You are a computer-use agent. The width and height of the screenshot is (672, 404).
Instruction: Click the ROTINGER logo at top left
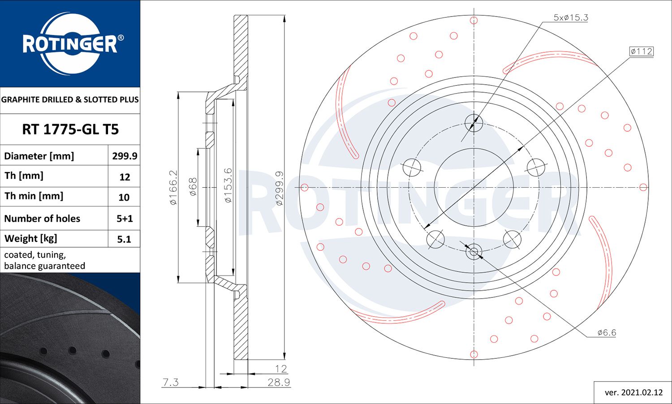point(70,43)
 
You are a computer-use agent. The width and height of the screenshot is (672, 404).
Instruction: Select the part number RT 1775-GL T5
point(70,129)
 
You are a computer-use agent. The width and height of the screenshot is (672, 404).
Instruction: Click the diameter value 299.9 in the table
point(125,156)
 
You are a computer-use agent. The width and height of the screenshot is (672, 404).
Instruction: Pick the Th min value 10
point(124,197)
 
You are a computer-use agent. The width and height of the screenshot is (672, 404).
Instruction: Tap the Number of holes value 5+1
point(125,219)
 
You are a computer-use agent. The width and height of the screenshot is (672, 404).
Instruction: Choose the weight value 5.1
point(124,239)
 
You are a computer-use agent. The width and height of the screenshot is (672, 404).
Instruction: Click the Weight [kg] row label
point(31,238)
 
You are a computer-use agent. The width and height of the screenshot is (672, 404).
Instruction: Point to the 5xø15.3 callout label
point(570,17)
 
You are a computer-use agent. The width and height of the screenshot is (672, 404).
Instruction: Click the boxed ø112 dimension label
point(641,52)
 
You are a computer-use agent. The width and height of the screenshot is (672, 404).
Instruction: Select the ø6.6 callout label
point(607,332)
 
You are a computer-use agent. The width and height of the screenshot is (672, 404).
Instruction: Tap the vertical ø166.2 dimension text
point(173,187)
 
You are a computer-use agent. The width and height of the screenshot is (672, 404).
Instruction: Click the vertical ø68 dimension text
point(193,187)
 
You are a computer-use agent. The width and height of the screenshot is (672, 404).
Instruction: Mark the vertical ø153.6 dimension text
point(228,185)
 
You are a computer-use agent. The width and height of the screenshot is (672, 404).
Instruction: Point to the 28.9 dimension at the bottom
point(279,383)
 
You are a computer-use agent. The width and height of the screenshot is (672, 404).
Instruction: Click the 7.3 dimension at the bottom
point(171,382)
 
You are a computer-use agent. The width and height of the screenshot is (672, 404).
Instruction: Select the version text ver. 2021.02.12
point(633,392)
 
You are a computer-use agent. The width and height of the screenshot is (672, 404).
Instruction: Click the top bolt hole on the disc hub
point(474,123)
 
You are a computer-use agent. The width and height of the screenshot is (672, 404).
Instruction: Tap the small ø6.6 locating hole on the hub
point(474,252)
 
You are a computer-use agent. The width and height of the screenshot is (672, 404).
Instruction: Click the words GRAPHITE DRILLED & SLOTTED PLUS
point(70,99)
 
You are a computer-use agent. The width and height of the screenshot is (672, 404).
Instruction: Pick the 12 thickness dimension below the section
point(281,369)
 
